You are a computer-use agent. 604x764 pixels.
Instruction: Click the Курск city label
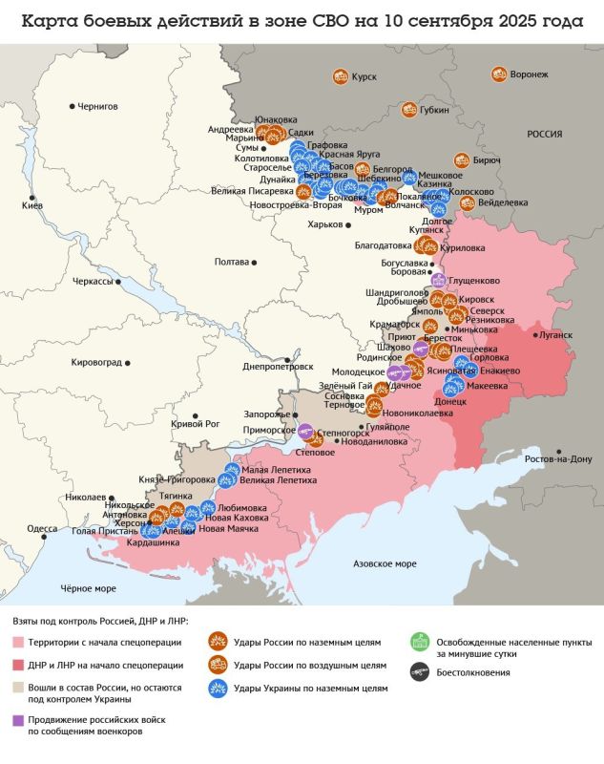364,77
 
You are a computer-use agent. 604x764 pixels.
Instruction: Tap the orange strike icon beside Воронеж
498,74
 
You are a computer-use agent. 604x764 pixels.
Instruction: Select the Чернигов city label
97,107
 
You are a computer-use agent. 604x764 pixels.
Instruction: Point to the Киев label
32,206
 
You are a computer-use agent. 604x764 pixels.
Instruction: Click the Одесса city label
42,528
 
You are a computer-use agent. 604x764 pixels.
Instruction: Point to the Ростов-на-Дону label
557,459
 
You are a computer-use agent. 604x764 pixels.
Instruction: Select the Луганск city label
555,335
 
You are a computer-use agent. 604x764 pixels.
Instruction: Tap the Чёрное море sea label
88,588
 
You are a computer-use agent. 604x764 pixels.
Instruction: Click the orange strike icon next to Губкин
407,111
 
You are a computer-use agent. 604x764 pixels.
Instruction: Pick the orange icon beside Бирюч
462,160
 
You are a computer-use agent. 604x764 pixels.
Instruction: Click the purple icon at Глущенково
438,281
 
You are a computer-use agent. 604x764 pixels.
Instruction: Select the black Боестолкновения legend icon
417,672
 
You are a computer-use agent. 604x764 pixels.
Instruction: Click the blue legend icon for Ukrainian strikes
217,687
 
